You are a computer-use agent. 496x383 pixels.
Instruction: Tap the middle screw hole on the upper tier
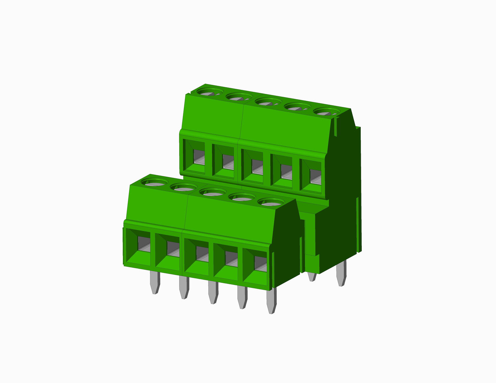[x=268, y=101]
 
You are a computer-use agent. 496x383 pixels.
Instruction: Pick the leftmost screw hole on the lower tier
[x=154, y=182]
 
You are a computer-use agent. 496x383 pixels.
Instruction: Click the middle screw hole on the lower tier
[x=213, y=192]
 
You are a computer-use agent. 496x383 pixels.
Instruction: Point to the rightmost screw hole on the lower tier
[x=271, y=202]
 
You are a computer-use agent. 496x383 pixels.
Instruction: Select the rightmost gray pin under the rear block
[x=341, y=273]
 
